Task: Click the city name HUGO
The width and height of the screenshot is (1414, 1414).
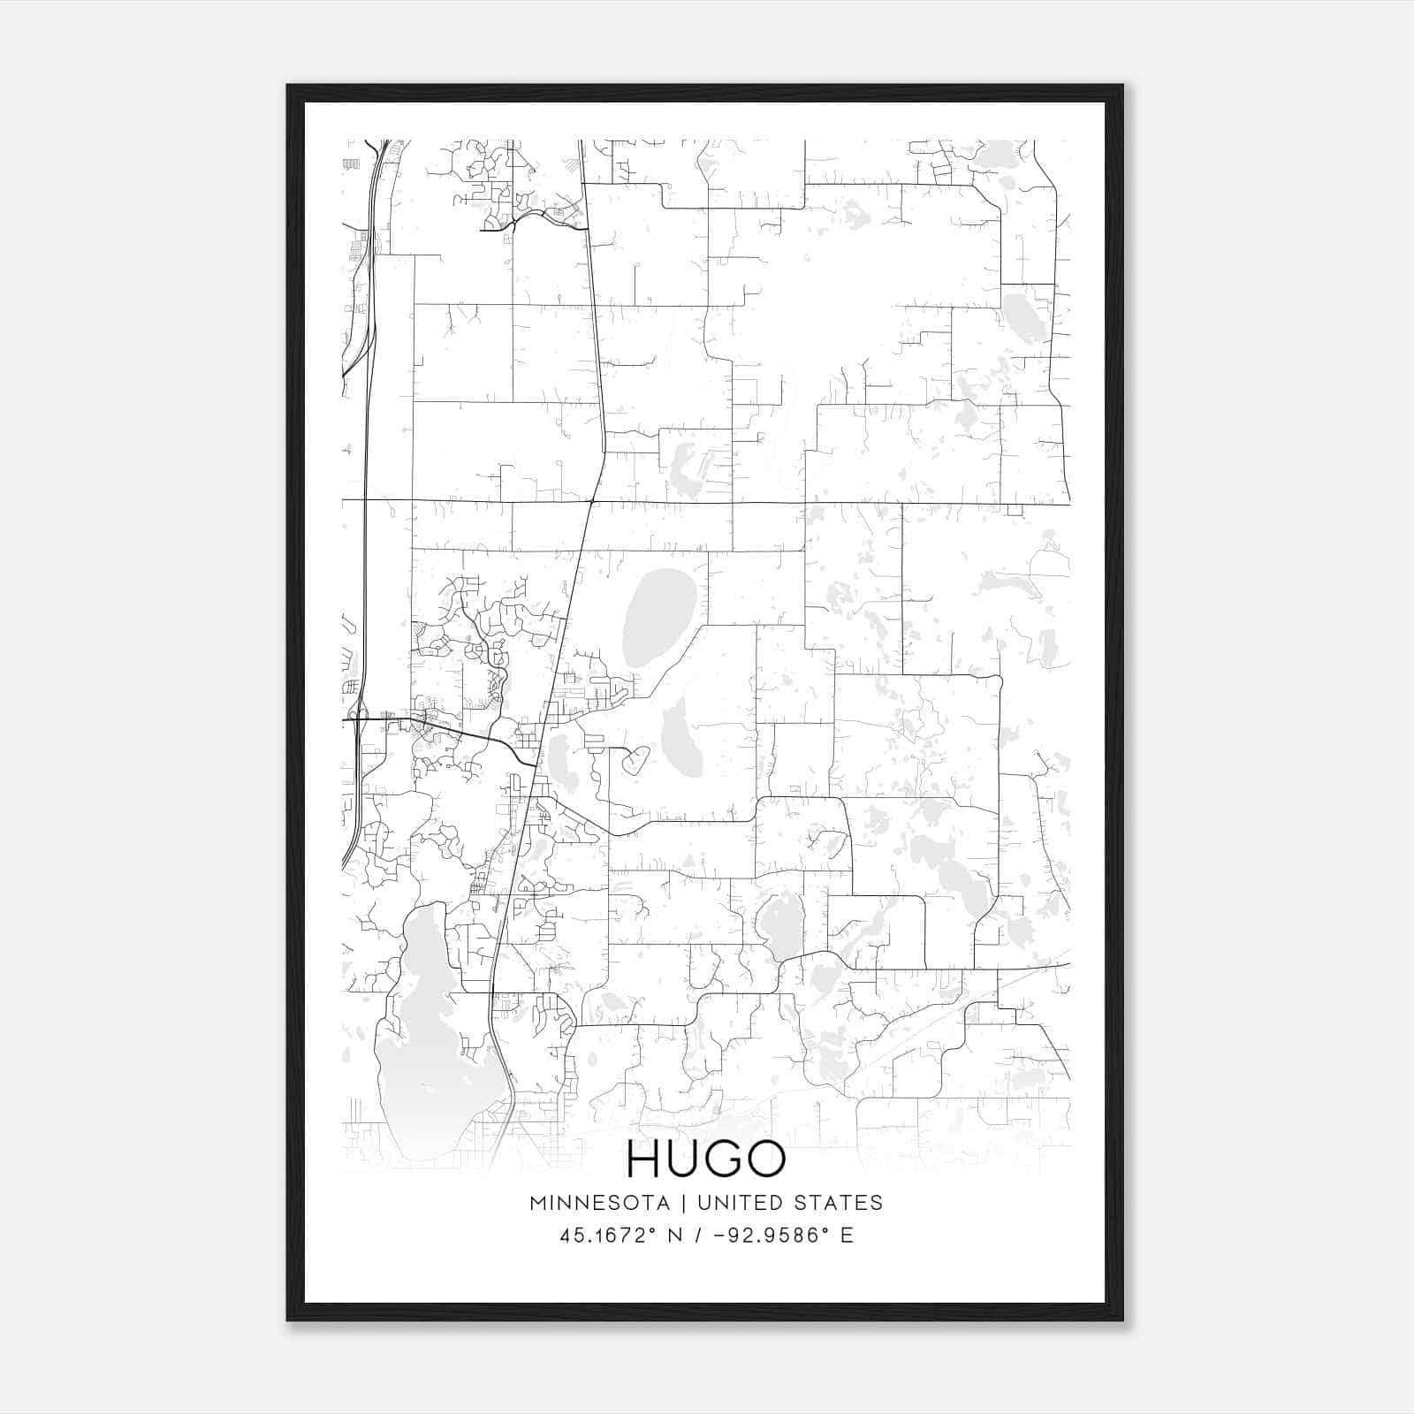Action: pos(706,1159)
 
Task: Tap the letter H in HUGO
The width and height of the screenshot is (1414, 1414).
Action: pos(644,1159)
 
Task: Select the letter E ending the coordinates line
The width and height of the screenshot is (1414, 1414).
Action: pos(848,1235)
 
